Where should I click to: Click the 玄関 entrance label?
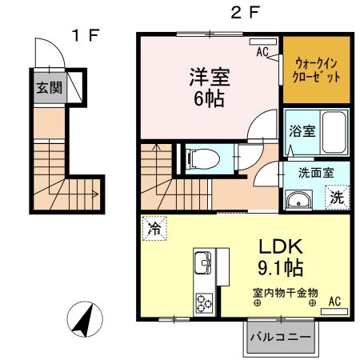47,87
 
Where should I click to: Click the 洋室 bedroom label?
210,78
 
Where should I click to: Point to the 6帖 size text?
209,100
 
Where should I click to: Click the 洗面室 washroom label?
316,171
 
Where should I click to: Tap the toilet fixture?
195,159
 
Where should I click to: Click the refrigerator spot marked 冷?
154,227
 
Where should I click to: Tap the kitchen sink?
202,262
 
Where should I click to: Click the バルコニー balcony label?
280,336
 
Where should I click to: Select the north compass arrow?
83,322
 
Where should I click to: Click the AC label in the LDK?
334,301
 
